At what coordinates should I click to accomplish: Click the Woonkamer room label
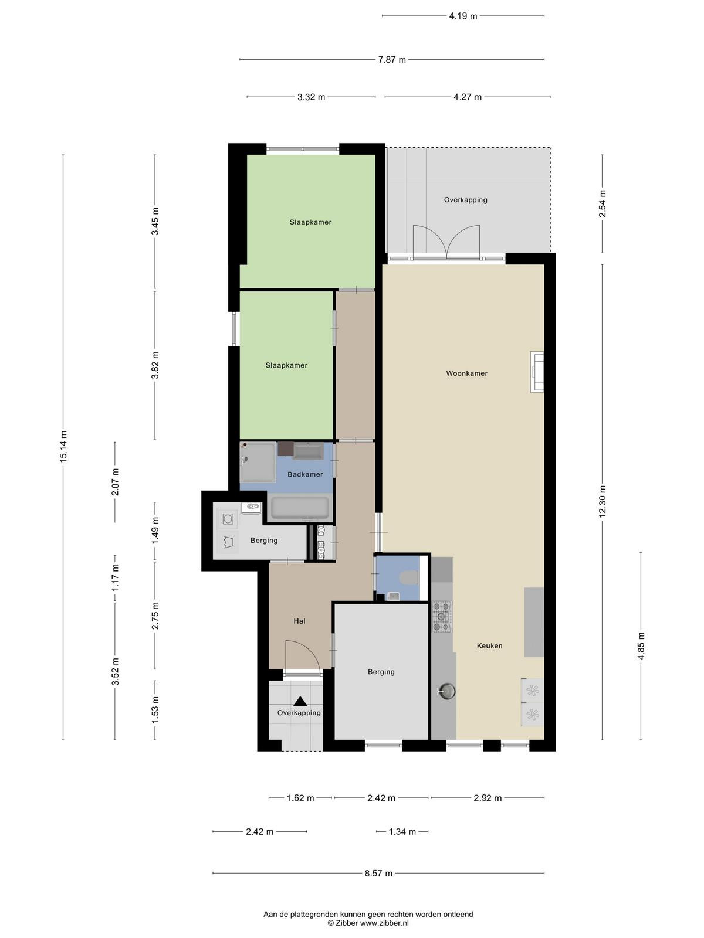pos(466,373)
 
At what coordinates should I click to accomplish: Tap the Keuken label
pos(489,645)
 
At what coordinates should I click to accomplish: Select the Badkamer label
pos(304,474)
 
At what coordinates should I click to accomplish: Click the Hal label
pos(299,621)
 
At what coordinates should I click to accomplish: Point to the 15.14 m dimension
pos(63,447)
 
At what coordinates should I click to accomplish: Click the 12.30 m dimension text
pos(603,501)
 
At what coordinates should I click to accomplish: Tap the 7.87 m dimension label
pos(392,60)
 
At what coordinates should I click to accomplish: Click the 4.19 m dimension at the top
pos(463,16)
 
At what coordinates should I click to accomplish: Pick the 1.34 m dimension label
pos(402,831)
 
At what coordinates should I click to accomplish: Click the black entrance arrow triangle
pos(300,701)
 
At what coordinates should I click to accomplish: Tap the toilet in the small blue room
pos(409,578)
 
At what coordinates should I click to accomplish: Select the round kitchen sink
pos(447,691)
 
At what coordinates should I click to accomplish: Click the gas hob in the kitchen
pos(442,617)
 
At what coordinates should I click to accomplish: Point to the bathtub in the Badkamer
pos(300,507)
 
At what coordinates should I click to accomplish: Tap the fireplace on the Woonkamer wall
pos(537,371)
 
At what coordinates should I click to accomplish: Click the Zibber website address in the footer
pos(385,923)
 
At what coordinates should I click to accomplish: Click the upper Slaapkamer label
pos(310,222)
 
